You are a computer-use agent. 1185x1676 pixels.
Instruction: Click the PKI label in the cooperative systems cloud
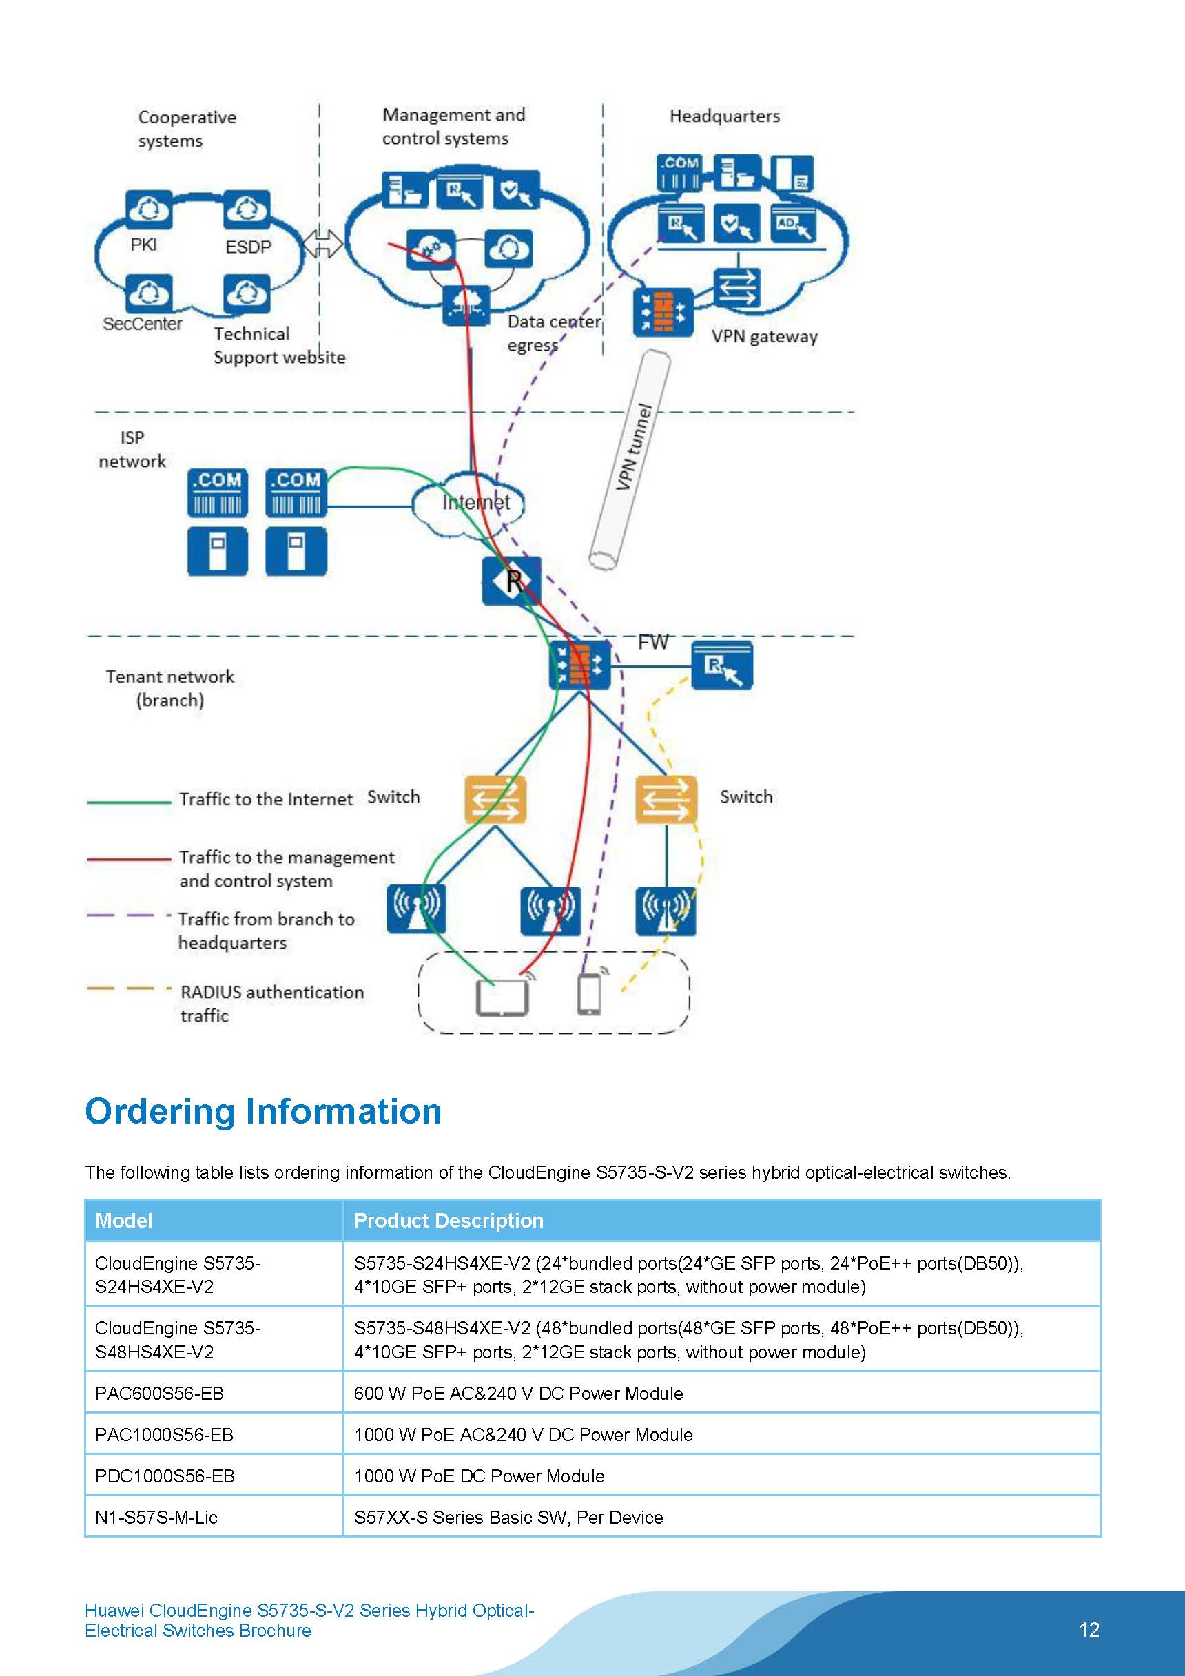(143, 245)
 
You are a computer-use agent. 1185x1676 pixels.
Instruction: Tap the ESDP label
(247, 247)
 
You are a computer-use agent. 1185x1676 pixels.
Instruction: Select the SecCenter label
(143, 323)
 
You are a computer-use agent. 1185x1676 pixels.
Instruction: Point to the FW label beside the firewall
(652, 643)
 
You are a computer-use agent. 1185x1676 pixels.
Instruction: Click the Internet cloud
(468, 503)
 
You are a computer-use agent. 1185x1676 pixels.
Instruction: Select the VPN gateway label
(765, 337)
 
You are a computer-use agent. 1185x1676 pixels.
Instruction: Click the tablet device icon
(502, 997)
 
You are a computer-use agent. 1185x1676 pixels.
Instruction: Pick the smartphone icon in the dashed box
(589, 994)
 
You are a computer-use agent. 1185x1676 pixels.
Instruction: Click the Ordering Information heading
(263, 1112)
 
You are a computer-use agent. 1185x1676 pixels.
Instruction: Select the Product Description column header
(449, 1221)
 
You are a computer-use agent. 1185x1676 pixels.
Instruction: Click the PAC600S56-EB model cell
(159, 1394)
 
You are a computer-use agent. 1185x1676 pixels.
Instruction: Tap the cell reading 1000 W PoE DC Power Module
(479, 1476)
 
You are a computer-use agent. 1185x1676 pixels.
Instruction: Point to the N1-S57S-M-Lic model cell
(156, 1518)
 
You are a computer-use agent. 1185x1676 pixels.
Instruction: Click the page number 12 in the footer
(1089, 1630)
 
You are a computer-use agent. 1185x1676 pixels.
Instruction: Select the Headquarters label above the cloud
(724, 116)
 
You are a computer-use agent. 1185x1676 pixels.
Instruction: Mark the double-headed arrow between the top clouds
(322, 244)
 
